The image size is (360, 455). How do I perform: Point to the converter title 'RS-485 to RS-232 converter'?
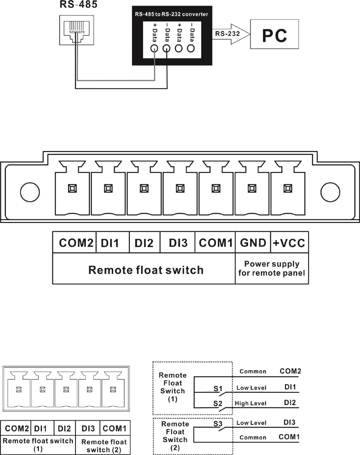(172, 14)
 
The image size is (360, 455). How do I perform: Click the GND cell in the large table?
(253, 243)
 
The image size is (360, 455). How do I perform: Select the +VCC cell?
(289, 243)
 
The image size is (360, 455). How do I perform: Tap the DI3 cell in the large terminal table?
(178, 243)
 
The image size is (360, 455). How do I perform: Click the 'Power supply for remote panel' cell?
(272, 269)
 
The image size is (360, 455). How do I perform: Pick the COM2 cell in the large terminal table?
(74, 243)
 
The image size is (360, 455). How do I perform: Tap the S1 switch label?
(218, 388)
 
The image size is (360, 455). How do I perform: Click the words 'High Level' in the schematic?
(250, 403)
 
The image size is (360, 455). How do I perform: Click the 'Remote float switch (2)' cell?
(104, 446)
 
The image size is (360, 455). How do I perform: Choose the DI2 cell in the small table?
(64, 428)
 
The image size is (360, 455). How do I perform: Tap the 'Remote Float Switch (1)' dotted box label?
(173, 387)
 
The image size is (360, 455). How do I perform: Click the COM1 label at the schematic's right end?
(289, 437)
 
